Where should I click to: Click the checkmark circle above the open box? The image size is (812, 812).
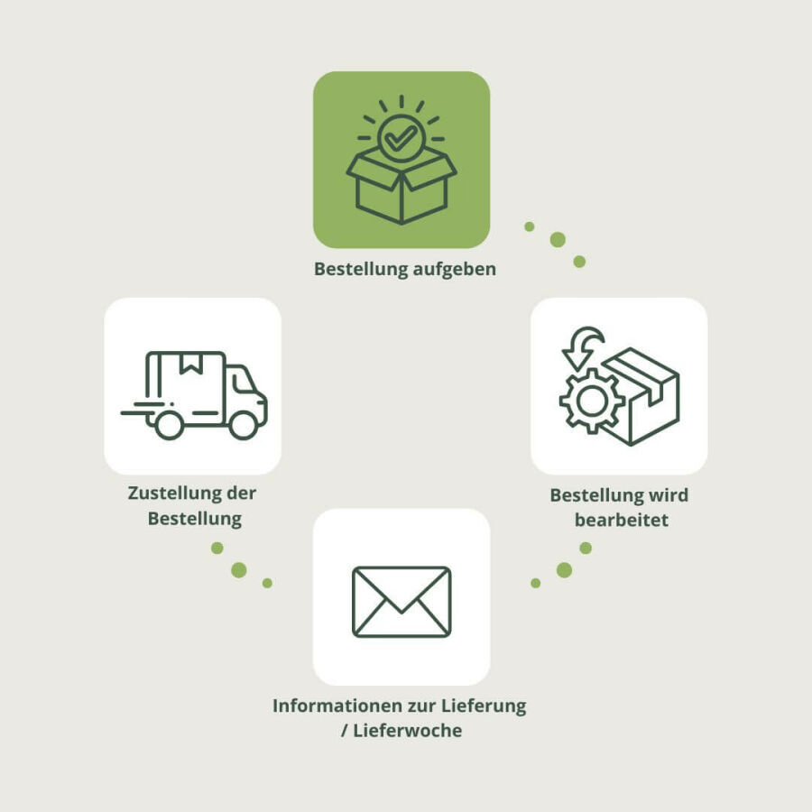[401, 138]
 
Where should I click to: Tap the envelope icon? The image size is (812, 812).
[401, 602]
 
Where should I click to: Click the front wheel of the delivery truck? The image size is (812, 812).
[243, 423]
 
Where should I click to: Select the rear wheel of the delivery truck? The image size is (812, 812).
[169, 423]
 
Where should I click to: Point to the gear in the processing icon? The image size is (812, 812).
[591, 401]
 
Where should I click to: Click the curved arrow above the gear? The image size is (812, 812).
[581, 346]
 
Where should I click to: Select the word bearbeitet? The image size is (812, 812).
[622, 521]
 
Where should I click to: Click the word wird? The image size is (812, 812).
[668, 495]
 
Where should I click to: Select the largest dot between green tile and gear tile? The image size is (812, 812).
[558, 239]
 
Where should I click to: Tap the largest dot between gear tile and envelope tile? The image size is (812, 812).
[564, 569]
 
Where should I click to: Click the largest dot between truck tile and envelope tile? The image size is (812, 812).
[239, 569]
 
